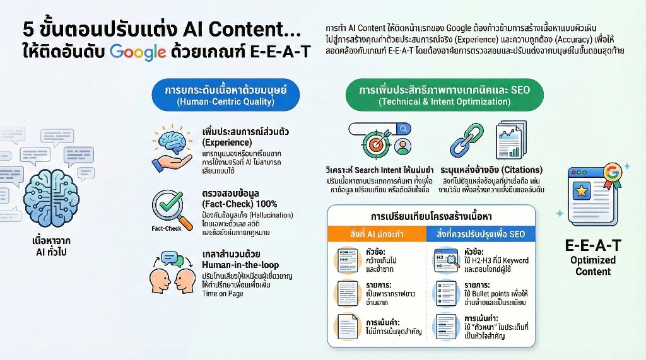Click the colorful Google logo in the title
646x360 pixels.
click(138, 52)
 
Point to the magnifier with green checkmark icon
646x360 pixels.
click(171, 207)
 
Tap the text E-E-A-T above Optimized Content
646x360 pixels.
click(592, 244)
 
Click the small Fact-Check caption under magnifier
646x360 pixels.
click(167, 228)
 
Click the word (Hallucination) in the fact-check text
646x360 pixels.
click(252, 215)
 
